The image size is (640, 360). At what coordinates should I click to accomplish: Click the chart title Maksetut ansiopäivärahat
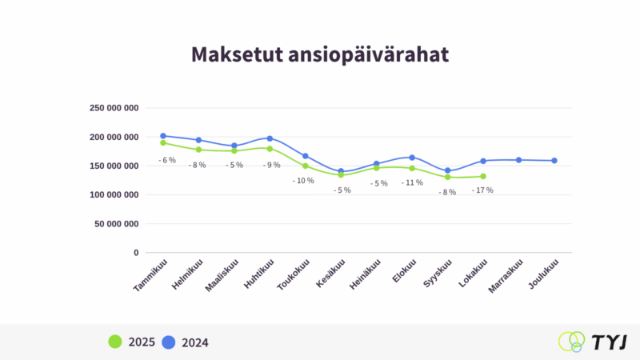pyautogui.click(x=319, y=54)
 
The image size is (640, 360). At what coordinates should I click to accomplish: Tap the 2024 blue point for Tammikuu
pyautogui.click(x=163, y=136)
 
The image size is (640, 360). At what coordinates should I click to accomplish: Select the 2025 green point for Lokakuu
pyautogui.click(x=483, y=176)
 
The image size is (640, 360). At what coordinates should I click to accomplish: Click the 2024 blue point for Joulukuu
pyautogui.click(x=554, y=161)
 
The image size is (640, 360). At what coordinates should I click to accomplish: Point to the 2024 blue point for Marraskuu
pyautogui.click(x=518, y=160)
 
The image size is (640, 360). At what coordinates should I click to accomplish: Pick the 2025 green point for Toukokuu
pyautogui.click(x=306, y=166)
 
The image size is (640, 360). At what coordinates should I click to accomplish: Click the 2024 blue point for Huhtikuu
pyautogui.click(x=270, y=138)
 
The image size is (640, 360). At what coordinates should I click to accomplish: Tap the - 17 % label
pyautogui.click(x=482, y=190)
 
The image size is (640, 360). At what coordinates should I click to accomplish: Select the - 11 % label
pyautogui.click(x=412, y=182)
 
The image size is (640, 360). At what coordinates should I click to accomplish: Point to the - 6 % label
pyautogui.click(x=166, y=160)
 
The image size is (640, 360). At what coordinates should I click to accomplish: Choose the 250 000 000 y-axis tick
pyautogui.click(x=114, y=108)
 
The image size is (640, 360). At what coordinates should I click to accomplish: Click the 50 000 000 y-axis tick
pyautogui.click(x=117, y=224)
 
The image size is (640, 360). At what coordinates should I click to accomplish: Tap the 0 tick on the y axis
pyautogui.click(x=136, y=253)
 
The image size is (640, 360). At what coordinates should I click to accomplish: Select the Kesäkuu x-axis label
pyautogui.click(x=331, y=275)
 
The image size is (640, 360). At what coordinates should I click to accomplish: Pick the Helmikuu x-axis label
pyautogui.click(x=189, y=276)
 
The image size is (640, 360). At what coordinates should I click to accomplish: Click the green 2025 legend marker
pyautogui.click(x=115, y=342)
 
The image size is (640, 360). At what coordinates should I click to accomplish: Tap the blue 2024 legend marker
pyautogui.click(x=169, y=342)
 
